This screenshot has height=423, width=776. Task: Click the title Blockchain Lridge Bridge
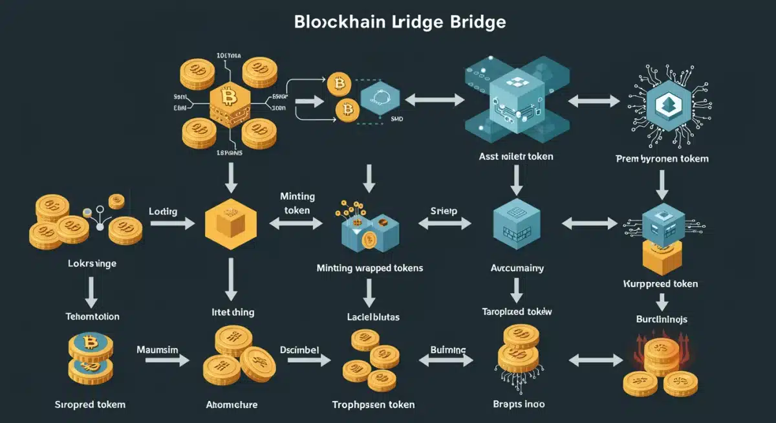400,21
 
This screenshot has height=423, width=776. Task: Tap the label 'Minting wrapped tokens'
370,267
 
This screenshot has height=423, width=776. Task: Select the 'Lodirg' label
163,211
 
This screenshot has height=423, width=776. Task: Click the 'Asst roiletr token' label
515,157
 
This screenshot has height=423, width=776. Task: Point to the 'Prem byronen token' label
662,158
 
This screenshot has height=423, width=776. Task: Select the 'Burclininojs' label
662,319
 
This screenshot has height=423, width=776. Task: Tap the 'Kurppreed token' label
660,284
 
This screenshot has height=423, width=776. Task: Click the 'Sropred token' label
91,404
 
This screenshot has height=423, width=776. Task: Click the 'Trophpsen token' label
373,404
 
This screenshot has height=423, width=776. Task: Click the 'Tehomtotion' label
92,316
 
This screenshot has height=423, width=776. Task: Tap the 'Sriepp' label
444,211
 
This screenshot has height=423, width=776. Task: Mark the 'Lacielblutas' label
370,316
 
